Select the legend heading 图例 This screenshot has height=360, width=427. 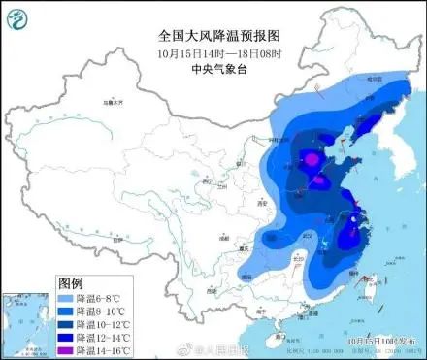click(x=71, y=283)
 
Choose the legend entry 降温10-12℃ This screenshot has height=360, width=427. click(x=104, y=323)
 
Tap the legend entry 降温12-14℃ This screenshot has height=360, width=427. click(x=104, y=336)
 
